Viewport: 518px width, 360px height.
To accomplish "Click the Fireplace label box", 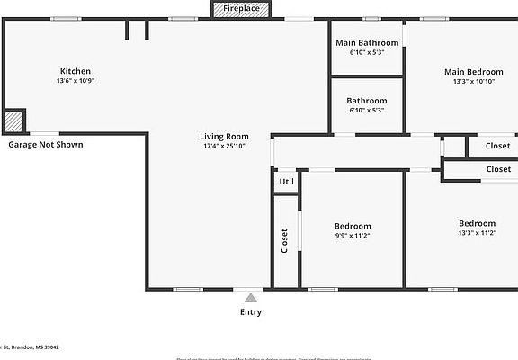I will pos(247,9).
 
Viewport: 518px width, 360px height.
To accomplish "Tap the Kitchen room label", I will pos(75,71).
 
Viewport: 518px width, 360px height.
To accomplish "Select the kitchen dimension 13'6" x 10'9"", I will pos(75,81).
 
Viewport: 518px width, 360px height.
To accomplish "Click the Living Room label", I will pos(224,136).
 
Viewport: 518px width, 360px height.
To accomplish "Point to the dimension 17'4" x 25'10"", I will pos(224,146).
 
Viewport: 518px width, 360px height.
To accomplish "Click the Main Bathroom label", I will pos(366,42).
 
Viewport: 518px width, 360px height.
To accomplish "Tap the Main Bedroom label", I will pos(473,71).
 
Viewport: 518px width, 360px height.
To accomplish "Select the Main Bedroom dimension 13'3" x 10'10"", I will pos(473,81).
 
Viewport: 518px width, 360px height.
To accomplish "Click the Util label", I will pos(286,182).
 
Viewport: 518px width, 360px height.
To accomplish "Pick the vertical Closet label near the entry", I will pos(285,240).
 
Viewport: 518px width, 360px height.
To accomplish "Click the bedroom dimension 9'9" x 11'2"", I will pos(353,236).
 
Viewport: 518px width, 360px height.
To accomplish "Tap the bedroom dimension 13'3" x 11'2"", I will pos(477,233).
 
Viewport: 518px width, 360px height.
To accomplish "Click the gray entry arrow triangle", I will pos(251,297).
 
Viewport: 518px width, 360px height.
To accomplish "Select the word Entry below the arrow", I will pos(251,312).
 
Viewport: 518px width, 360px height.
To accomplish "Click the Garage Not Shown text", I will pos(46,144).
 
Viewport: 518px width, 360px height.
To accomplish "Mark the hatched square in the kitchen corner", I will pos(13,121).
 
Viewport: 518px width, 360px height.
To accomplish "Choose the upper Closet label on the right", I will pos(497,146).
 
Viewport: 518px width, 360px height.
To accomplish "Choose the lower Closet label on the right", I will pos(497,169).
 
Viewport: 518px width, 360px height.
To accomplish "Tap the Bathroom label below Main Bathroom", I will pos(366,101).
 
